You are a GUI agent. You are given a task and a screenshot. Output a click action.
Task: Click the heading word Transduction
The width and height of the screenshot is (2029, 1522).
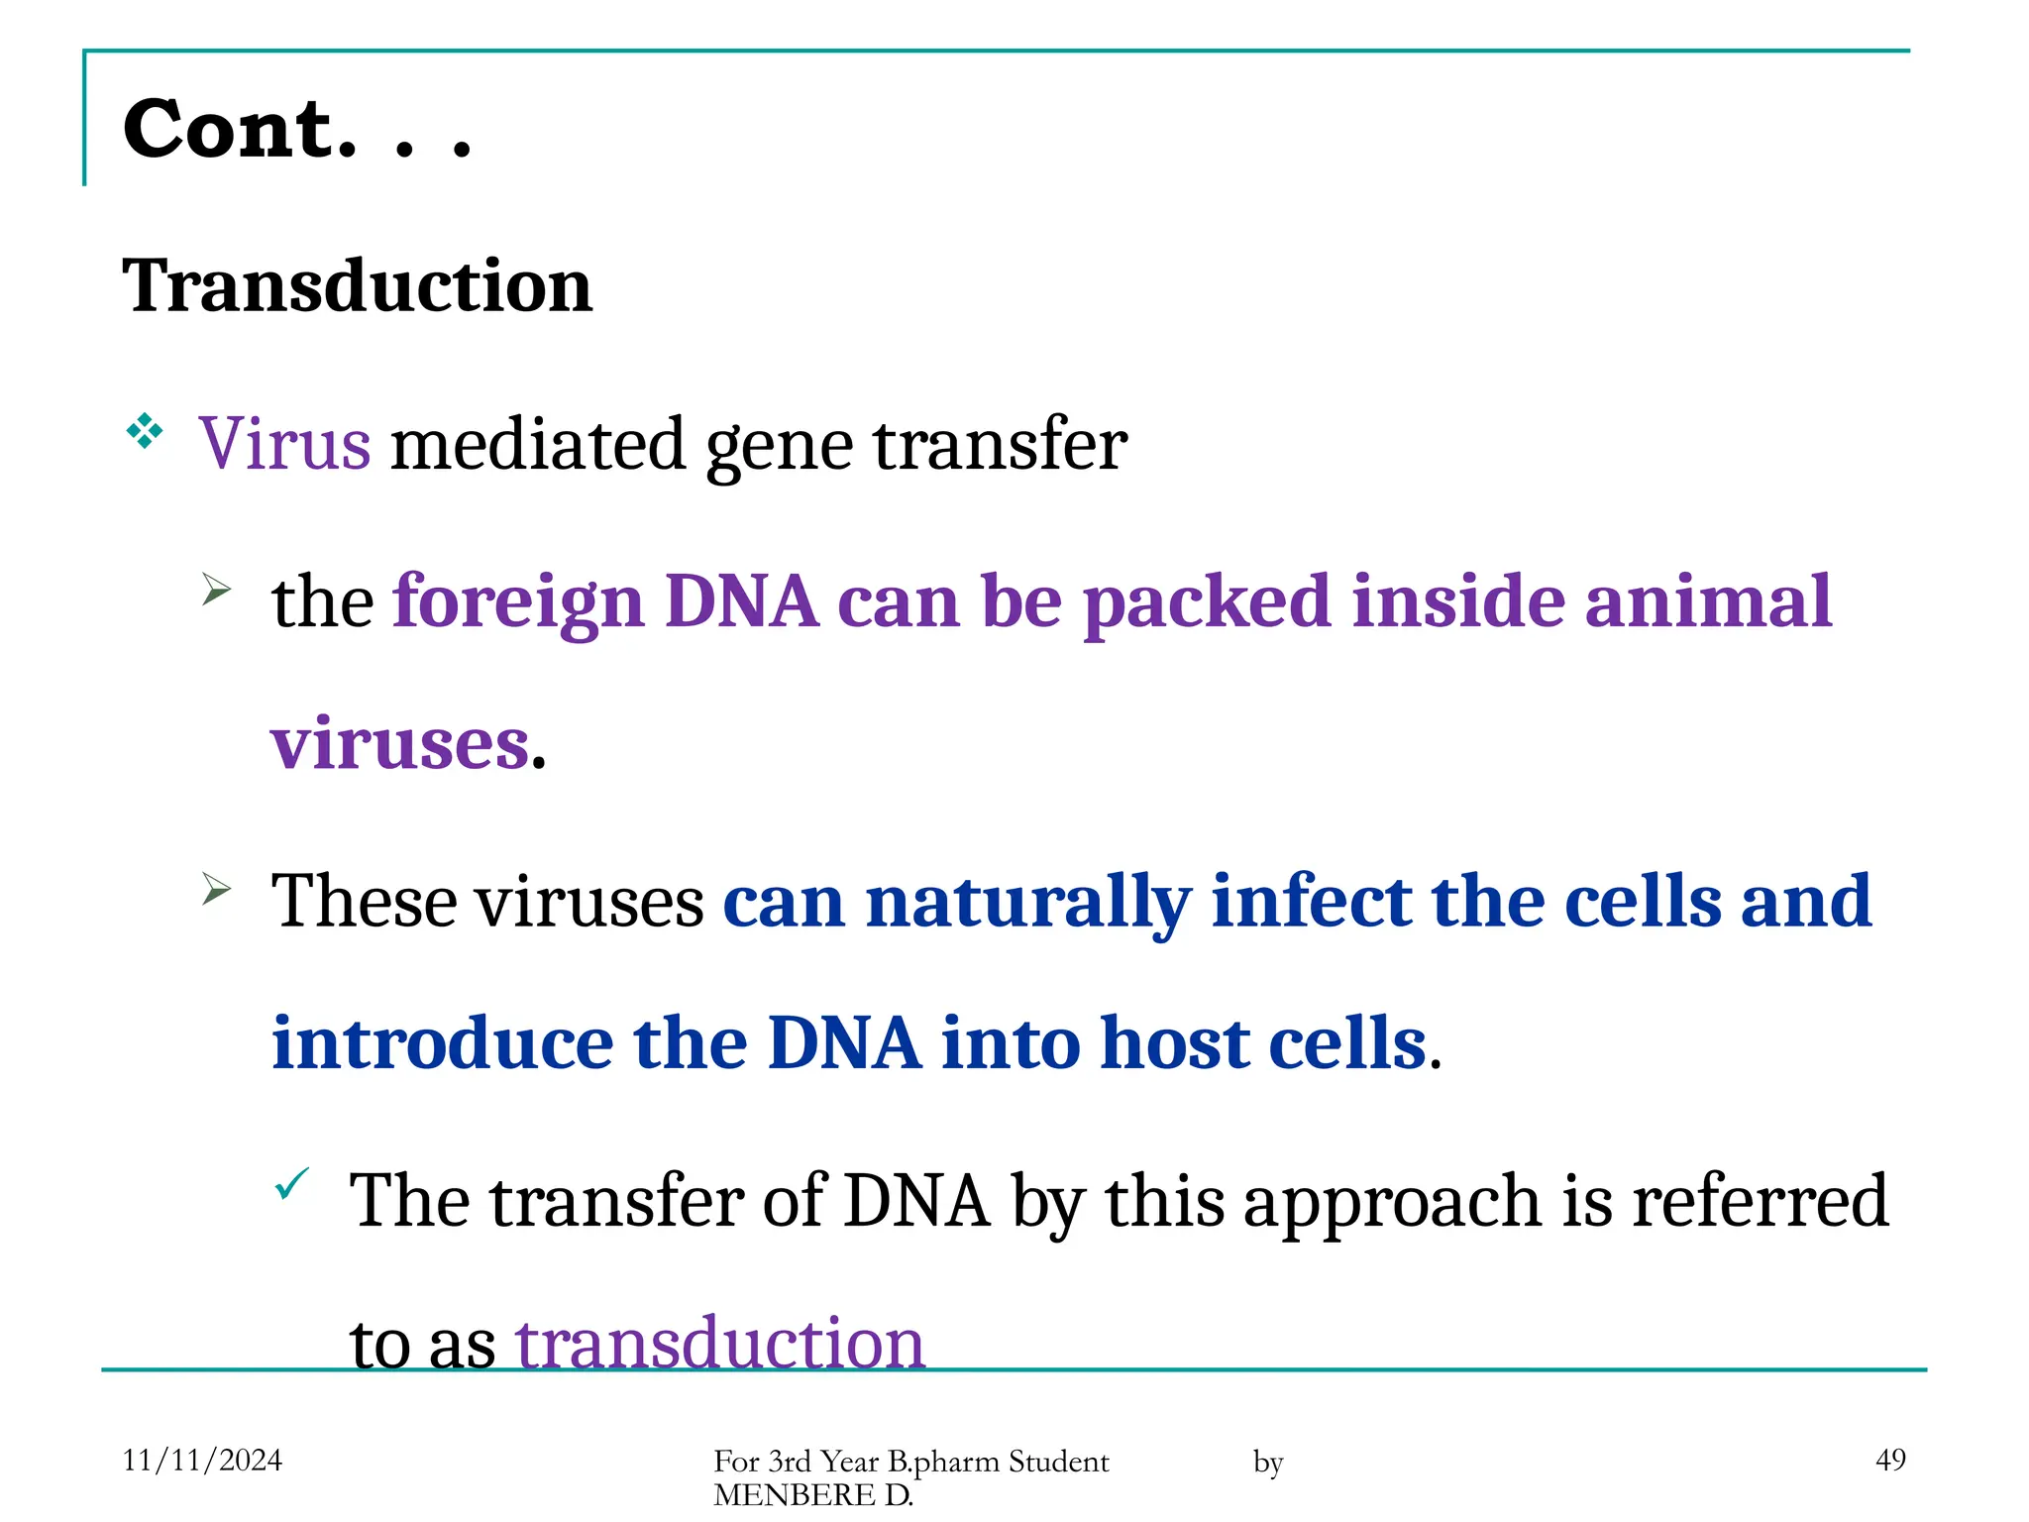click(x=357, y=286)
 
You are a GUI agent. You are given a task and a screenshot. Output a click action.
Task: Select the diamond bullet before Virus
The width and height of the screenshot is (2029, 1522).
click(x=145, y=431)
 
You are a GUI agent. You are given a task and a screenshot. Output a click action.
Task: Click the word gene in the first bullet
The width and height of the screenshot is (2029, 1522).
click(x=779, y=445)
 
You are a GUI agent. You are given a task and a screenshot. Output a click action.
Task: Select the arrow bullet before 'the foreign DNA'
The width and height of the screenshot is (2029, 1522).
click(x=216, y=591)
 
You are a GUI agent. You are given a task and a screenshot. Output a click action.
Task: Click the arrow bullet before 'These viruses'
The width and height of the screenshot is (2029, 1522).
click(x=216, y=889)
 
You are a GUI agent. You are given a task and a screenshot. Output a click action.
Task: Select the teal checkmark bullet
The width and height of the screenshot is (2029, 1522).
click(x=292, y=1183)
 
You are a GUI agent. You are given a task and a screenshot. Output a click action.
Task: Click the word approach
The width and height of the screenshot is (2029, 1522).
click(x=1391, y=1202)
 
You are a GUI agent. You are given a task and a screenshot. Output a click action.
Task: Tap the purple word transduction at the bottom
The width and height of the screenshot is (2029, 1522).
click(x=719, y=1344)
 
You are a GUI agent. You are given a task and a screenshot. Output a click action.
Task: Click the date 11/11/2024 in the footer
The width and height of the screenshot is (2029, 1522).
click(x=202, y=1460)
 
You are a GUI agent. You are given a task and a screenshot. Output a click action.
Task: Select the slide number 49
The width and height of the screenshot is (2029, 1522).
click(x=1890, y=1460)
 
